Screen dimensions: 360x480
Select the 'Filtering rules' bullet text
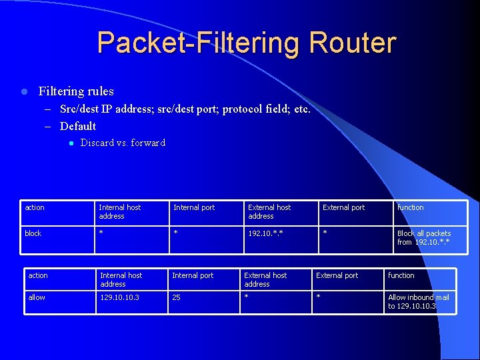(x=76, y=91)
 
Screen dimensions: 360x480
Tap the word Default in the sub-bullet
(x=78, y=126)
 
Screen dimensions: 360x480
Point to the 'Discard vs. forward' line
(x=123, y=143)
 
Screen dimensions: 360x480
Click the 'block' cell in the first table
(x=33, y=233)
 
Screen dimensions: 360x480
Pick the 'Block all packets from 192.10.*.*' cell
(x=424, y=237)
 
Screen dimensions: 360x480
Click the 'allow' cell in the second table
(x=37, y=297)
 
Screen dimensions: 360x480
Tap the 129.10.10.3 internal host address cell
(x=120, y=297)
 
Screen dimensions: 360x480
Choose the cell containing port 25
(x=177, y=297)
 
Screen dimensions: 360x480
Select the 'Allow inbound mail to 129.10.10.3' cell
(x=419, y=301)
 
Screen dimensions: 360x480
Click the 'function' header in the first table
(x=411, y=207)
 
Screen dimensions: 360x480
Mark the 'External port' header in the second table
(x=337, y=275)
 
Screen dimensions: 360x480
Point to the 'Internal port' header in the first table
(x=194, y=207)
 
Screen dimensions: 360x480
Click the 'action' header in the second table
(x=38, y=275)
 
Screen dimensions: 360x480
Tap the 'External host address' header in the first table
(x=269, y=211)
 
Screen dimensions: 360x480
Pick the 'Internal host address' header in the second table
(x=121, y=279)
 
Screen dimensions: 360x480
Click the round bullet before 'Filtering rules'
(x=23, y=91)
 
